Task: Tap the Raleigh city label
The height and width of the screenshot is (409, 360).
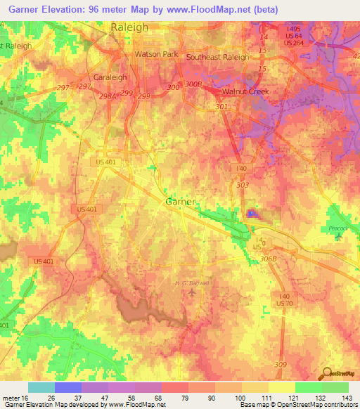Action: [x=129, y=27]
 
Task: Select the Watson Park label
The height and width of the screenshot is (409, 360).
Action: [x=157, y=53]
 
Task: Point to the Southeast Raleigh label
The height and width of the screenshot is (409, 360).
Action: [x=217, y=57]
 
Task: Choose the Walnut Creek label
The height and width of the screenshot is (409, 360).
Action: [x=245, y=91]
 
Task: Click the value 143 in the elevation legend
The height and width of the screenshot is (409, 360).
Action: [x=347, y=398]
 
